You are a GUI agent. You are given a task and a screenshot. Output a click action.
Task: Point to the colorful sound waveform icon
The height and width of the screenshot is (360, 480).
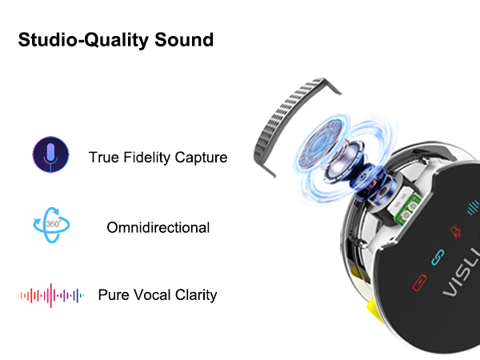(50, 295)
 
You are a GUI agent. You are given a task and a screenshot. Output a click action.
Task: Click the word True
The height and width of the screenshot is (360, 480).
(104, 158)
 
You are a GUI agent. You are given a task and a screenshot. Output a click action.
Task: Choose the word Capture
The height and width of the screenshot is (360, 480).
(202, 158)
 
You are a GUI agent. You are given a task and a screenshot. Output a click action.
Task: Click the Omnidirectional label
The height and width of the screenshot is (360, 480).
(158, 228)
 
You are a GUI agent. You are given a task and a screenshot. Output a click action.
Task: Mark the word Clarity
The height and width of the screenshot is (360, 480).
(198, 295)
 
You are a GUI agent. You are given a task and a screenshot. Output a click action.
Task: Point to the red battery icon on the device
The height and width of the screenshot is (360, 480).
(418, 282)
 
